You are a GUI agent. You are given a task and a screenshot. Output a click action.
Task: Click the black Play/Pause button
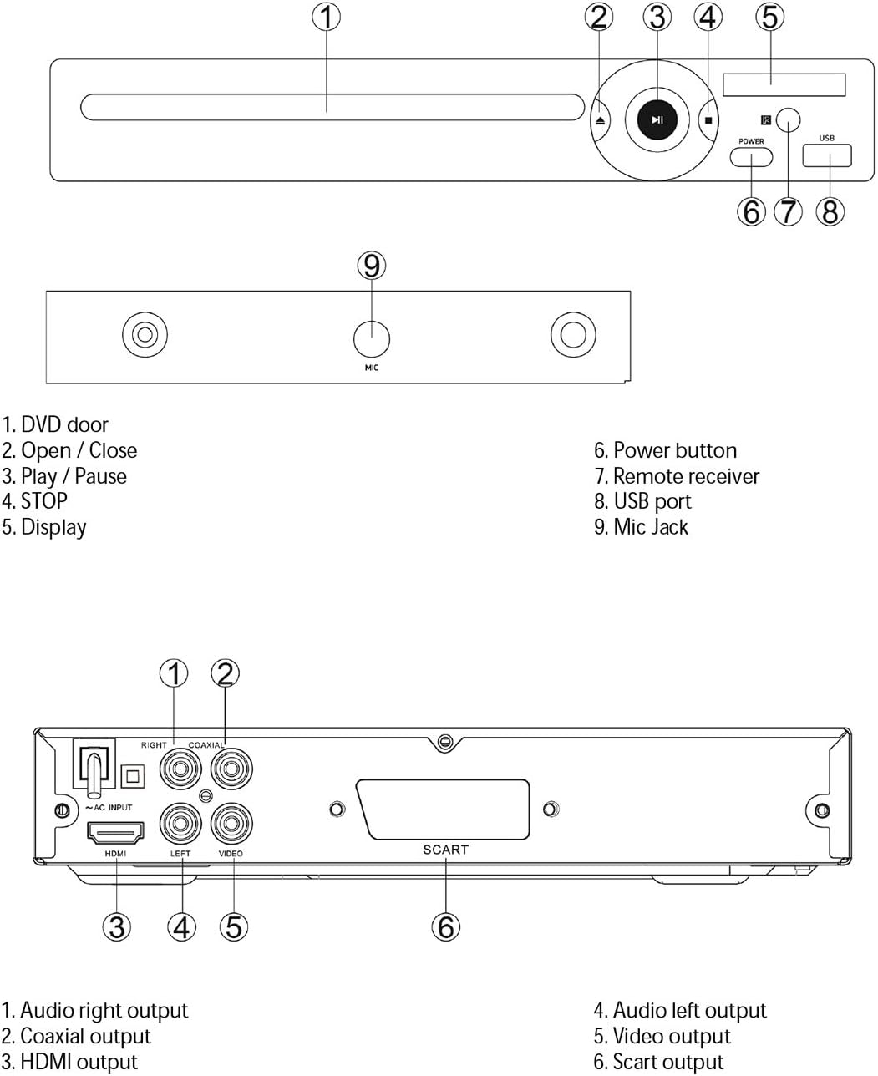(x=658, y=120)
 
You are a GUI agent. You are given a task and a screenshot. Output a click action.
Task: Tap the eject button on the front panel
(x=601, y=120)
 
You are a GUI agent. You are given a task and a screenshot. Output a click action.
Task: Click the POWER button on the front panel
(x=751, y=156)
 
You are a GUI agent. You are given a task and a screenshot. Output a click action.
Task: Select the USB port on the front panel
(x=827, y=155)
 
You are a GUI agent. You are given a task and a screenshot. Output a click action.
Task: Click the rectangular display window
(x=784, y=84)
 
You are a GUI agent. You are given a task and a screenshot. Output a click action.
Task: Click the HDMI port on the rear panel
(x=115, y=833)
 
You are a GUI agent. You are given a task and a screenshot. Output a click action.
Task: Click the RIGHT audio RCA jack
(x=180, y=768)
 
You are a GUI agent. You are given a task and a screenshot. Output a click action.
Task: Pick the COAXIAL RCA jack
(x=231, y=768)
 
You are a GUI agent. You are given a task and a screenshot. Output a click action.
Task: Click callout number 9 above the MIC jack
(x=372, y=266)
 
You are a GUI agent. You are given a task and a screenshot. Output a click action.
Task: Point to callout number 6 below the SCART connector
(x=446, y=926)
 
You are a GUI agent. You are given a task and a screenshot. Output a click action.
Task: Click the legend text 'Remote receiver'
(x=686, y=476)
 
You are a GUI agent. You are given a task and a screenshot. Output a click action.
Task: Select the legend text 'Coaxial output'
(x=85, y=1037)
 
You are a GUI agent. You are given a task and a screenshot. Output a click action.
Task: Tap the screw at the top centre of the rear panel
(x=445, y=741)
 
